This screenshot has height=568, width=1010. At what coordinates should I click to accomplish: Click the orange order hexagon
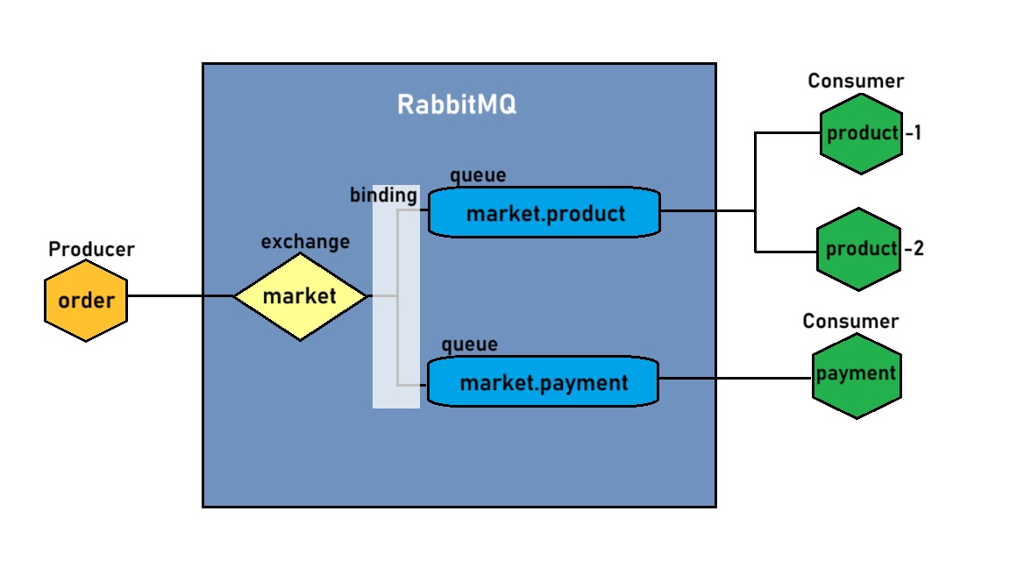tap(86, 300)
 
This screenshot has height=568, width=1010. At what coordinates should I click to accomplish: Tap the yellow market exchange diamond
tap(300, 296)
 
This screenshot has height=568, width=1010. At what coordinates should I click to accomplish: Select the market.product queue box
tap(544, 212)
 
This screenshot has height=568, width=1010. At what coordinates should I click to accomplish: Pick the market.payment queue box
tap(543, 381)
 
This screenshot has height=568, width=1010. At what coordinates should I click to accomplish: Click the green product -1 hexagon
tap(862, 133)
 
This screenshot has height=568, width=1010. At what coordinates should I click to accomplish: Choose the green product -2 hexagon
tap(859, 249)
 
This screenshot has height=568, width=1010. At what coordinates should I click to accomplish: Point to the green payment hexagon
tap(856, 375)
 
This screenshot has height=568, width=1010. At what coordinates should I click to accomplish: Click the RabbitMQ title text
tap(457, 104)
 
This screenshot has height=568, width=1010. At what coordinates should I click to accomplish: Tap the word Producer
tap(91, 250)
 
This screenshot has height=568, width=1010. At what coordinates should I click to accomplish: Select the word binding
tap(383, 195)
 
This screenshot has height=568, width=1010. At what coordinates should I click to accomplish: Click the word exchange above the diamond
tap(305, 241)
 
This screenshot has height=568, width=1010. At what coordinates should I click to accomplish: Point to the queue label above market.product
tap(478, 175)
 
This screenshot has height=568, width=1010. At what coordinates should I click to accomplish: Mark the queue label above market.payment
tap(469, 344)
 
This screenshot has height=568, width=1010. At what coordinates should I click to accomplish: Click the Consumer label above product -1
tap(856, 82)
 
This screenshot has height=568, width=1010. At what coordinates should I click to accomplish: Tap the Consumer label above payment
tap(850, 322)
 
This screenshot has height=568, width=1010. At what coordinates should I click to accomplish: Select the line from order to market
tap(180, 296)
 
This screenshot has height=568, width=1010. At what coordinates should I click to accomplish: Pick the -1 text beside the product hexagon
tap(913, 134)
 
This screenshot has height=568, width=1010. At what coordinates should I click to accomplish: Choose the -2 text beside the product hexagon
tap(914, 249)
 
